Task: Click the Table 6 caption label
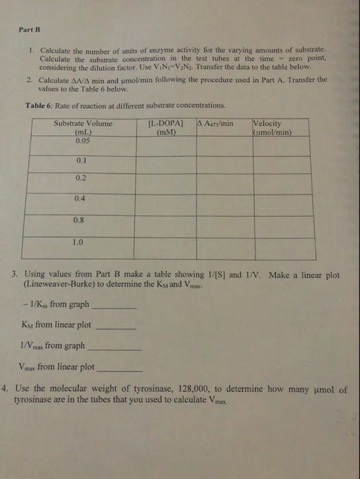tap(41, 105)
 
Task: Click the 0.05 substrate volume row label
tap(83, 140)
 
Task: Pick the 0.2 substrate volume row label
tap(81, 178)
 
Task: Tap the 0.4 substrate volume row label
tap(81, 198)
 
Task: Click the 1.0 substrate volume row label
tap(81, 242)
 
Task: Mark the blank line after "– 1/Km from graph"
tap(116, 308)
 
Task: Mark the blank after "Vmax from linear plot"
tap(119, 369)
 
